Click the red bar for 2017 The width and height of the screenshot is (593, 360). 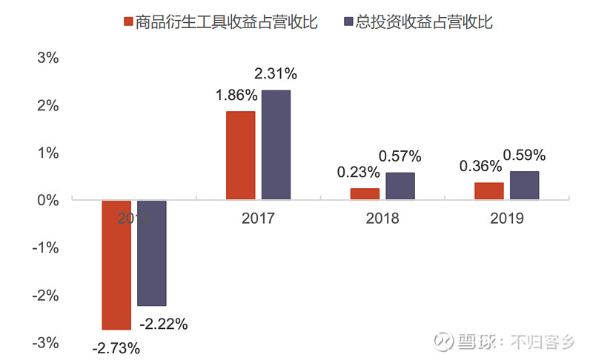[240, 155]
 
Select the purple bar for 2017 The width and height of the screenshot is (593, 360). [276, 144]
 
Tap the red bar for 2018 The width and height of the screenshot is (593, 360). [365, 193]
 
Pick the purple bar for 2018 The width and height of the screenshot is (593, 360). [400, 186]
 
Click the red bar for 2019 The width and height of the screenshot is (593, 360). [489, 190]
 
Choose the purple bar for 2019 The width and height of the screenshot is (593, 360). [525, 185]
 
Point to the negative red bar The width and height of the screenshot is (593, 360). [116, 264]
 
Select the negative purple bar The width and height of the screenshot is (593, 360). [152, 253]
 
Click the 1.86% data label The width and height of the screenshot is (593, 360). [236, 95]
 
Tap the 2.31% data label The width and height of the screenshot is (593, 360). [275, 73]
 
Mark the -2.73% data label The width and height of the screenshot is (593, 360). [116, 347]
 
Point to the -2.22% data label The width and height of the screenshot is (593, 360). [164, 324]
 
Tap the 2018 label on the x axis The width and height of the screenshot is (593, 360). [382, 219]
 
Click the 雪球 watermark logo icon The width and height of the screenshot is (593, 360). [443, 341]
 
